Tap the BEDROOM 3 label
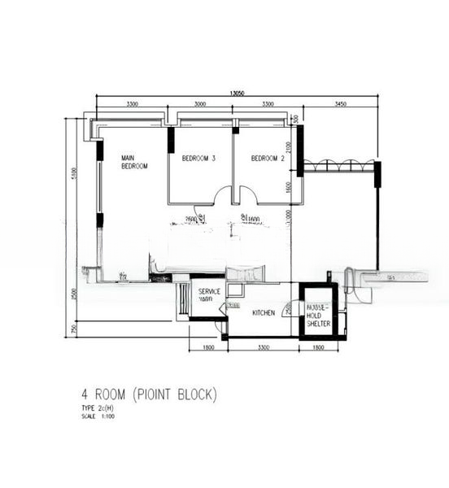click(198, 158)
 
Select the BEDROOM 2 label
click(267, 158)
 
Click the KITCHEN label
click(264, 312)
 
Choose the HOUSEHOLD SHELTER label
click(317, 316)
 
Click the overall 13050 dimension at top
click(237, 93)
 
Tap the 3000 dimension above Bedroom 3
click(200, 105)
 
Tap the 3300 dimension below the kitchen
click(263, 348)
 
